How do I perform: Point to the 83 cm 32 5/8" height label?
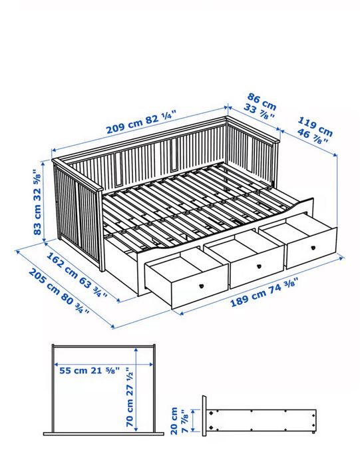(38, 202)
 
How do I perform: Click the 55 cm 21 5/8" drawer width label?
(89, 369)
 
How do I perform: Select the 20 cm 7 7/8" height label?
(180, 420)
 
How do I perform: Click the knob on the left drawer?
(199, 284)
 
